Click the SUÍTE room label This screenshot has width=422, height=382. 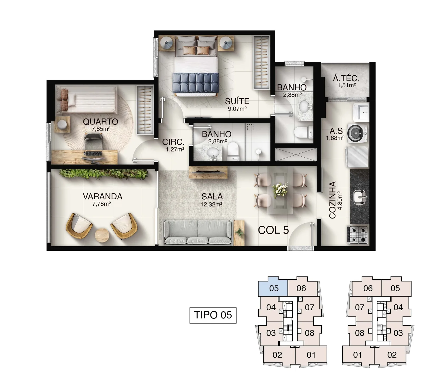(x=237, y=101)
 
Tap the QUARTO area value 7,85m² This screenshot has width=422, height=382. (x=101, y=129)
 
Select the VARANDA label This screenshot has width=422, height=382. (x=103, y=196)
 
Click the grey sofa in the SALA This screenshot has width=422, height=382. (x=198, y=232)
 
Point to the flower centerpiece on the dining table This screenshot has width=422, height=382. (x=280, y=189)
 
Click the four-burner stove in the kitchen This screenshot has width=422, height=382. (x=357, y=234)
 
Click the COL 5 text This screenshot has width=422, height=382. (x=273, y=230)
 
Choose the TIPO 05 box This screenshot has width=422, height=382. (x=213, y=315)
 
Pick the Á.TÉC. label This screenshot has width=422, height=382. (x=346, y=78)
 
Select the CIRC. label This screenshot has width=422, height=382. (x=173, y=142)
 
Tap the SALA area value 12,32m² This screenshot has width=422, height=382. (x=212, y=204)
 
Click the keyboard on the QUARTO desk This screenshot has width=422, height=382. (x=93, y=153)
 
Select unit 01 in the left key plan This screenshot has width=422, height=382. (x=311, y=355)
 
